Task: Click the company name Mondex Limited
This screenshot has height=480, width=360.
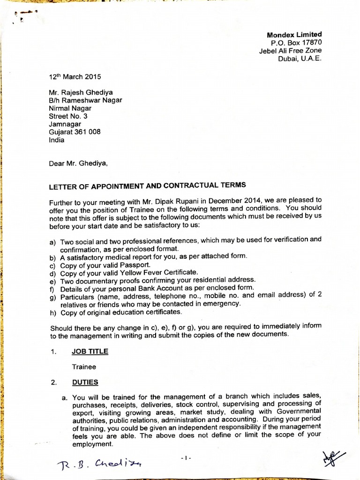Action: coord(294,35)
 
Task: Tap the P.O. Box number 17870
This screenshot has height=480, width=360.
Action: coord(310,43)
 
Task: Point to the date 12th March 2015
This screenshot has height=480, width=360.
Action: coord(75,76)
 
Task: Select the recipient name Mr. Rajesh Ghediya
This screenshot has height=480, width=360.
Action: coord(81,92)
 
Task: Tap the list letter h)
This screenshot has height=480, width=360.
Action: coord(52,312)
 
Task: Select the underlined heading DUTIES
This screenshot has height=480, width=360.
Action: coord(85,382)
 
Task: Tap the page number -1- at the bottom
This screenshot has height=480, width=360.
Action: coord(186,457)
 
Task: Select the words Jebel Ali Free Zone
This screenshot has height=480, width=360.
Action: coord(291,51)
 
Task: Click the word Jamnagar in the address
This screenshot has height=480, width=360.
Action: coord(65,124)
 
